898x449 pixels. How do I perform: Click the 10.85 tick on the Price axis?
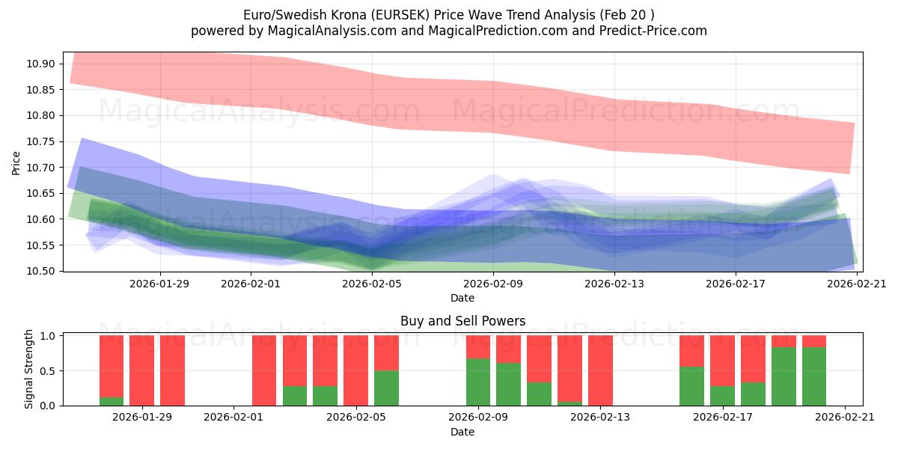click(43, 90)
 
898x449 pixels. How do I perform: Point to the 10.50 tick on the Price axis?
click(43, 271)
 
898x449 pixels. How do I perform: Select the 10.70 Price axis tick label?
click(43, 168)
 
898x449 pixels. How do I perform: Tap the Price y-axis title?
click(16, 162)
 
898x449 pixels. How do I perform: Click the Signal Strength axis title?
click(29, 369)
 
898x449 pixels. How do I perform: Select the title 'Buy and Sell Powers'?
click(462, 321)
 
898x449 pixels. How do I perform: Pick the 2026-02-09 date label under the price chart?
click(493, 284)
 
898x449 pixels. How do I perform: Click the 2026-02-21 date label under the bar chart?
click(845, 417)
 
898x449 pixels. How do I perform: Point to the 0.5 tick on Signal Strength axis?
click(48, 371)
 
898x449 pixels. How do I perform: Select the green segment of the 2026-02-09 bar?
click(478, 382)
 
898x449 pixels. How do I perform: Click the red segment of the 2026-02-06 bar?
click(386, 352)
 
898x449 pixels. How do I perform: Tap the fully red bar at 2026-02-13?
click(600, 370)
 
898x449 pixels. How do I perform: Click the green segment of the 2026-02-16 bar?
click(691, 386)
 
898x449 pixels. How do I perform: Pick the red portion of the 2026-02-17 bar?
click(722, 361)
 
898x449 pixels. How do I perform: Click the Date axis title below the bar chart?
click(462, 432)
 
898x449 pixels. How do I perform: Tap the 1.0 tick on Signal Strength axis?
click(48, 336)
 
